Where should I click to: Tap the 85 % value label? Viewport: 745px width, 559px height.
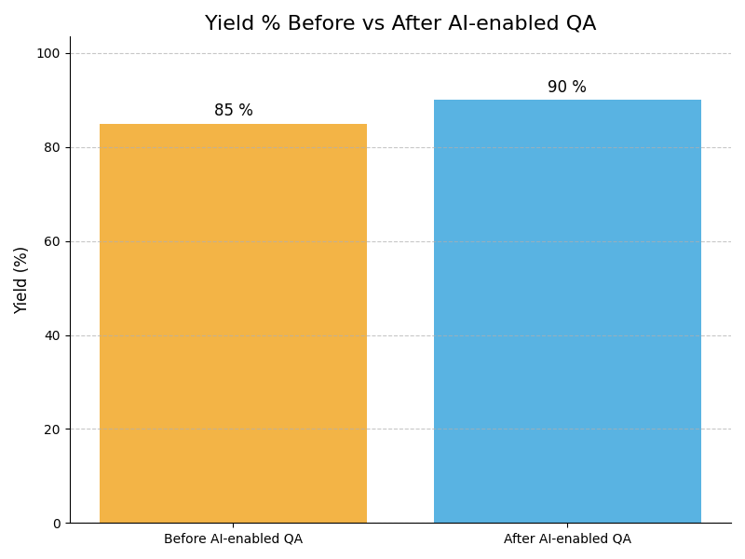coord(233,111)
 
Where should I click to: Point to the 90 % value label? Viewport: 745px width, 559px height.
coord(567,88)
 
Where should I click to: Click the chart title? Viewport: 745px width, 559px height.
coord(400,23)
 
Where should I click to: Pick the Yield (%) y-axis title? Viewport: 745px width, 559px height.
coord(21,279)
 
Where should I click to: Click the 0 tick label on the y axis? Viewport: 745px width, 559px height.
coord(56,524)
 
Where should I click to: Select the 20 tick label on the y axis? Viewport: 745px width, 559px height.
coord(52,429)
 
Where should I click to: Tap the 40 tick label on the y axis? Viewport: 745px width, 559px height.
coord(52,335)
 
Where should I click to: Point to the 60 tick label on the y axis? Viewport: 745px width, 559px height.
coord(52,241)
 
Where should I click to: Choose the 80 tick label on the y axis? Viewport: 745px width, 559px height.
coord(52,147)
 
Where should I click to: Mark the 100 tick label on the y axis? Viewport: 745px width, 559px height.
coord(48,53)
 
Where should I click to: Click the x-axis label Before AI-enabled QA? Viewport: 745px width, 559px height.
coord(233,539)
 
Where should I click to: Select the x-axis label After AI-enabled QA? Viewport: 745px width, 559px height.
coord(567,539)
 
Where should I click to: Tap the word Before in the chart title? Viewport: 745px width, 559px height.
coord(320,23)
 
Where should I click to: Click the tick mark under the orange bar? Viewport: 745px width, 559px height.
coord(233,525)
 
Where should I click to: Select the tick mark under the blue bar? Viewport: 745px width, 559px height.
coord(567,525)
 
